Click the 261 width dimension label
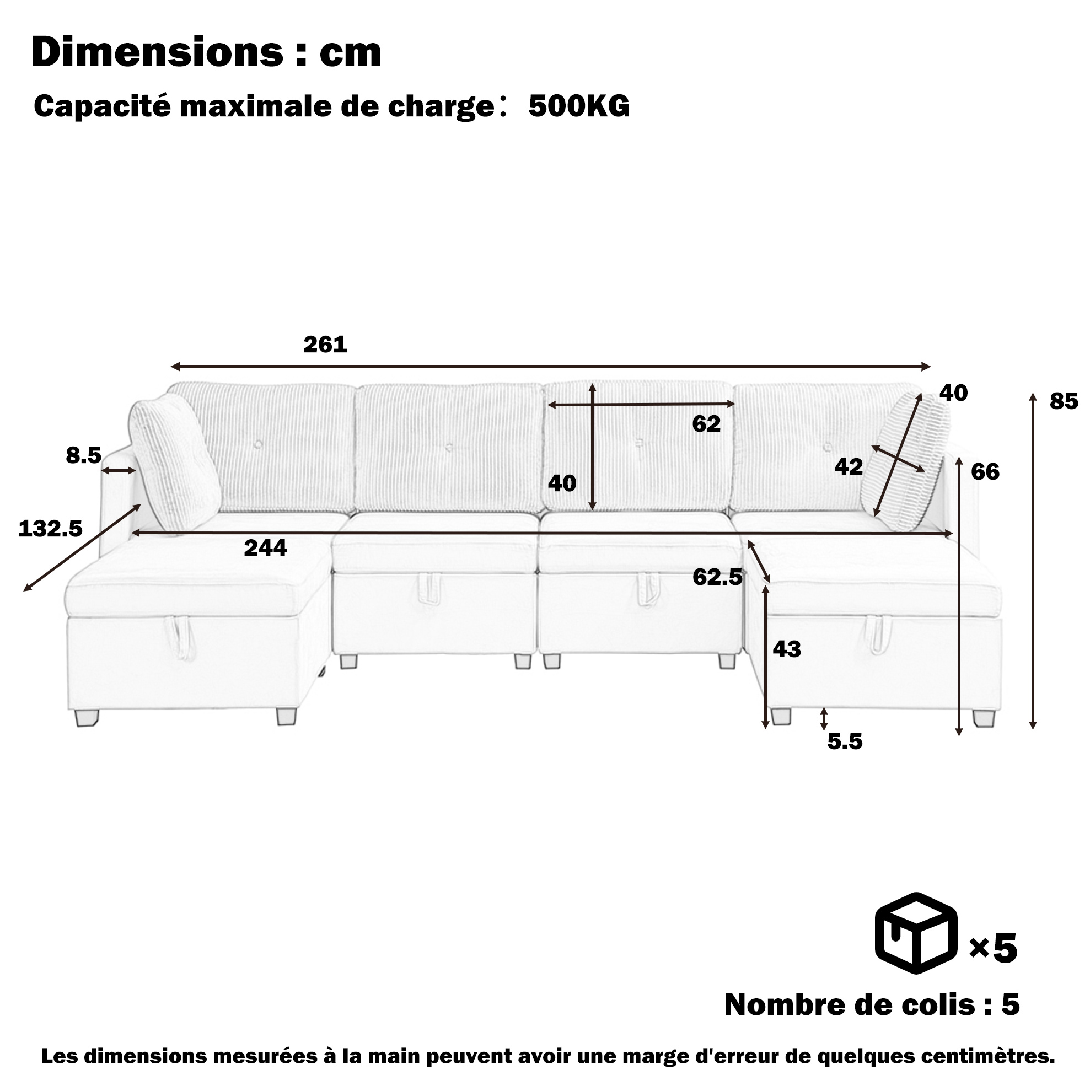point(325,345)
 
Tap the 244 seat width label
point(265,548)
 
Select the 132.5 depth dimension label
point(51,529)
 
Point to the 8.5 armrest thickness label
point(84,455)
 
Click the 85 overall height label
point(1064,401)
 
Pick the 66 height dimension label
point(985,471)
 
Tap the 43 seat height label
point(787,649)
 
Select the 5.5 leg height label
point(845,741)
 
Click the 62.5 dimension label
point(718,577)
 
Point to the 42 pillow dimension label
point(849,466)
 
